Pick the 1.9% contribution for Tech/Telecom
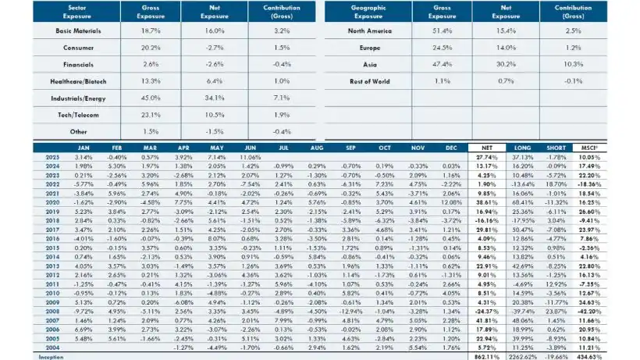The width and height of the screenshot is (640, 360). [273, 116]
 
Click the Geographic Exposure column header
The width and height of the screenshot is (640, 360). [368, 10]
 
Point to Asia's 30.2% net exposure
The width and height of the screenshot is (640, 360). [504, 65]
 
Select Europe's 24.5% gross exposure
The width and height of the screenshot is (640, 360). [444, 48]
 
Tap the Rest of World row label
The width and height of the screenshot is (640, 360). [368, 81]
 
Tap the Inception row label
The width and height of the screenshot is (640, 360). [52, 355]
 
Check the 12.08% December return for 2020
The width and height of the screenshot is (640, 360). [450, 201]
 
